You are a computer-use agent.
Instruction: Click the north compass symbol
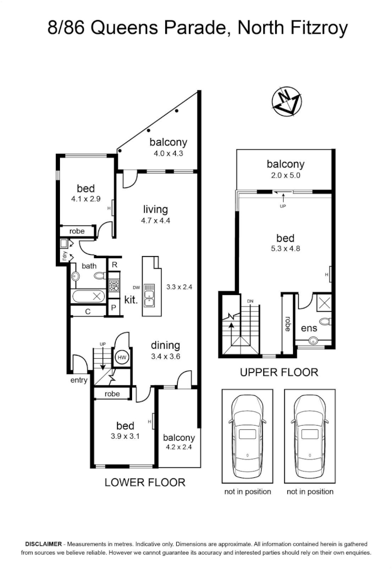tap(287, 102)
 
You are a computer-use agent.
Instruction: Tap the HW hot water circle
tap(122, 357)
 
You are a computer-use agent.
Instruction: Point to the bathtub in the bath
tap(89, 297)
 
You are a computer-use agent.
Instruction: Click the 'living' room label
tap(155, 209)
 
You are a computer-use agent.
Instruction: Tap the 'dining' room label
tap(165, 345)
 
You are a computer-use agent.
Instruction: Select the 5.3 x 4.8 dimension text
tap(286, 249)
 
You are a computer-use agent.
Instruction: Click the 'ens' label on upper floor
tap(309, 328)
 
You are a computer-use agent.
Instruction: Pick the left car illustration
tap(247, 436)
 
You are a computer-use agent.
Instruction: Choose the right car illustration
tap(310, 436)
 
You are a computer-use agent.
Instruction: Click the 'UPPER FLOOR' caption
tap(279, 372)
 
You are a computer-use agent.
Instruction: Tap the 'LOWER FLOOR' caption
tap(145, 482)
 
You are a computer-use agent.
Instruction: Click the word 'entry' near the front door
tap(79, 380)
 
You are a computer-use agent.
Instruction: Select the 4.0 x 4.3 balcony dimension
tap(168, 153)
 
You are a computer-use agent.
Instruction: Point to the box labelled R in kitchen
tap(115, 265)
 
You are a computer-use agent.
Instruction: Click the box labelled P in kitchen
tap(114, 308)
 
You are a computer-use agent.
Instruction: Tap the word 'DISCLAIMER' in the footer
tap(44, 544)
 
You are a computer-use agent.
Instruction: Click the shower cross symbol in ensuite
tap(324, 302)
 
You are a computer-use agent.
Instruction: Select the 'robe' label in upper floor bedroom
tap(288, 324)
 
